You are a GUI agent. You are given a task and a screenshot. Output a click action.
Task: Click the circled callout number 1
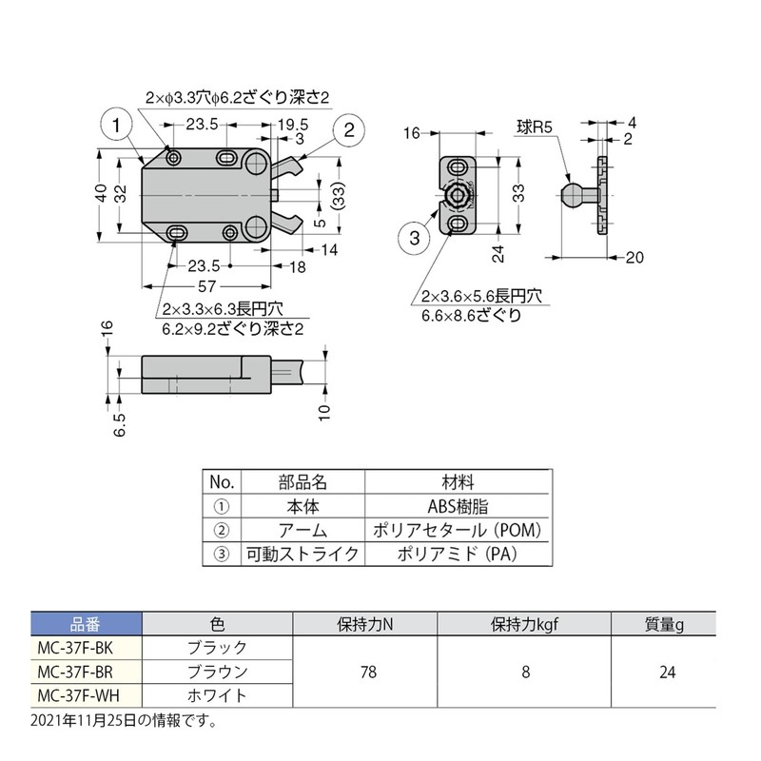click(114, 125)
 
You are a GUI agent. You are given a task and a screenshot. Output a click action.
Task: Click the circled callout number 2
click(349, 130)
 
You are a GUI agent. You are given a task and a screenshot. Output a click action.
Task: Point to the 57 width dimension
click(205, 286)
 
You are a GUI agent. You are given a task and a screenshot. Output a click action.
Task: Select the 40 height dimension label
click(102, 193)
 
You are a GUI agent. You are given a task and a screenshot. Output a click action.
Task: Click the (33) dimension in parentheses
click(337, 197)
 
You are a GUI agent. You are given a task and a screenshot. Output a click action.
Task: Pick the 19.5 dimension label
click(292, 124)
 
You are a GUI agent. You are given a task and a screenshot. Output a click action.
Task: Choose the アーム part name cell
click(302, 531)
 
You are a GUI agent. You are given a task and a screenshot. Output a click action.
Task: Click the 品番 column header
click(86, 625)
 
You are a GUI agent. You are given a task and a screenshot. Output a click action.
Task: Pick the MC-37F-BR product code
click(86, 672)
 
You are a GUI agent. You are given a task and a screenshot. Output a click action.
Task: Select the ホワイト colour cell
click(219, 695)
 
